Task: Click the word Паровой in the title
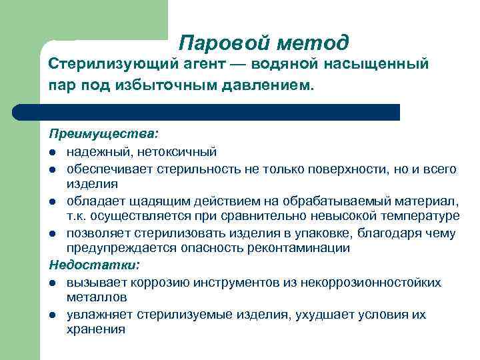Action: point(216,43)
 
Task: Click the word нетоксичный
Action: point(177,153)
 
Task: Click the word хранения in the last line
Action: point(95,329)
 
